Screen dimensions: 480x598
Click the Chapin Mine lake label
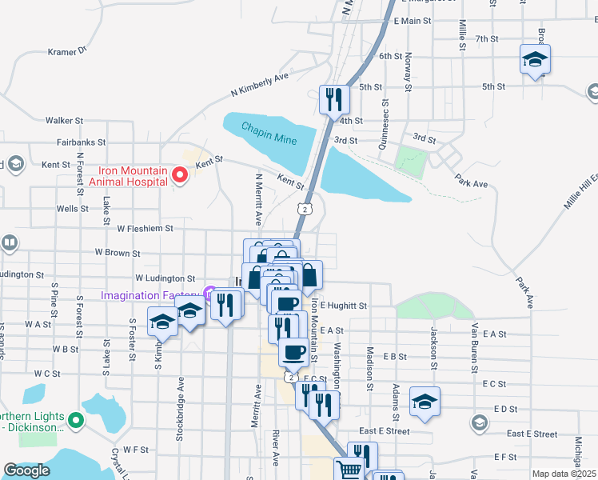269,134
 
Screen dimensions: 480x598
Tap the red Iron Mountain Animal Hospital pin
179,174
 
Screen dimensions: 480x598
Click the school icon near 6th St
535,60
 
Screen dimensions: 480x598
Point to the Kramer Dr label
66,51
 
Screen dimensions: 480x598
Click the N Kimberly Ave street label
259,84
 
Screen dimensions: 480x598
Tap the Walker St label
64,120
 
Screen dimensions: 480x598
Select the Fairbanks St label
81,142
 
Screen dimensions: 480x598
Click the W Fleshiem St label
145,228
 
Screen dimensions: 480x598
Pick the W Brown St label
117,253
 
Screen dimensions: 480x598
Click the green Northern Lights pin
76,419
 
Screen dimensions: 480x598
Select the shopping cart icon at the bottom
349,470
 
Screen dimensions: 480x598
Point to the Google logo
26,470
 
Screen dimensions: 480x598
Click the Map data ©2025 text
563,474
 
